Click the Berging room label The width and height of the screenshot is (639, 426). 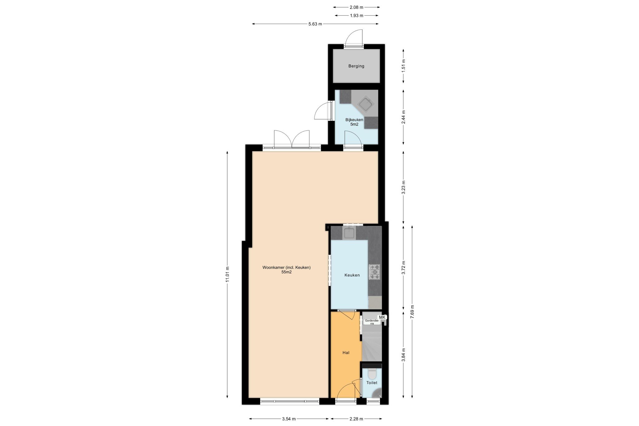[x=356, y=66]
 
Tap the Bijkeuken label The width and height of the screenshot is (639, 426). [x=354, y=120]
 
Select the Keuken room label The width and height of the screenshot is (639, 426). [x=352, y=275]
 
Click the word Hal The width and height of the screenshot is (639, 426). [x=346, y=353]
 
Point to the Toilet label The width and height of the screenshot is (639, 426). [x=372, y=383]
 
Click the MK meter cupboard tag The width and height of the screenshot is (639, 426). [x=383, y=317]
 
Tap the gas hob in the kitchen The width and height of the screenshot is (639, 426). [x=374, y=272]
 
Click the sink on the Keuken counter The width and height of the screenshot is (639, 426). [x=349, y=233]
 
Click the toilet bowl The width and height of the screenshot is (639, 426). [x=372, y=373]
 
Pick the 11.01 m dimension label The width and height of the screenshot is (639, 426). [x=227, y=274]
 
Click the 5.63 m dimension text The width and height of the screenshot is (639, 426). [x=315, y=24]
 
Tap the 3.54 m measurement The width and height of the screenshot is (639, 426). [x=289, y=419]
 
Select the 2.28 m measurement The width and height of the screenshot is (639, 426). [x=356, y=419]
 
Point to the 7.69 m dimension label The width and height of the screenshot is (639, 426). [x=412, y=311]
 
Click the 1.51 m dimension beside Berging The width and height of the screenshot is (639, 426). [x=403, y=66]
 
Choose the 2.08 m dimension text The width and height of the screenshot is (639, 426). [x=357, y=7]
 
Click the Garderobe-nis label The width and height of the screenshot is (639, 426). [x=372, y=322]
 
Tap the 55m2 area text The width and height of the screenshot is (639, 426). [x=286, y=272]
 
